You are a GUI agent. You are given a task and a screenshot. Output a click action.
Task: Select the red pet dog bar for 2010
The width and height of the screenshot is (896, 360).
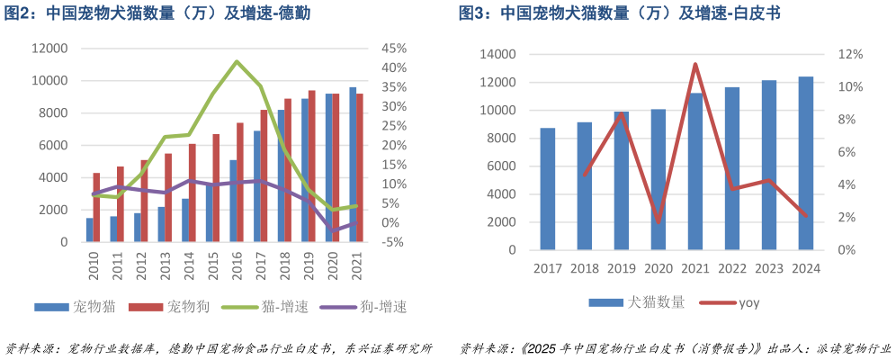(97, 207)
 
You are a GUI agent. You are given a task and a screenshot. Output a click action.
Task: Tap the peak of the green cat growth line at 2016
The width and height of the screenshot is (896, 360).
(237, 61)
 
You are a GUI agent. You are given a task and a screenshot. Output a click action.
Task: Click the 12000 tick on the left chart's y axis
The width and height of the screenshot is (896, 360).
(50, 49)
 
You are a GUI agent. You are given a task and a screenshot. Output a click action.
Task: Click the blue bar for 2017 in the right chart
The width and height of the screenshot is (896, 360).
(548, 189)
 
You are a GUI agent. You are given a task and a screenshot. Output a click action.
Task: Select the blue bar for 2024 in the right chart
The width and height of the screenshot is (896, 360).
(806, 163)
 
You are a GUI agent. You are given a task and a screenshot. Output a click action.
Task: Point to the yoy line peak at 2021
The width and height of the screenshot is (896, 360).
(695, 64)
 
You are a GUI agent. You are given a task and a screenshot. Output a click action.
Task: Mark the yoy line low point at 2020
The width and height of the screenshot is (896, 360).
(659, 221)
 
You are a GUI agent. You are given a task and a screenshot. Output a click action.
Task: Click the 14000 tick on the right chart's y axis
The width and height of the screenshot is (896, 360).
(497, 55)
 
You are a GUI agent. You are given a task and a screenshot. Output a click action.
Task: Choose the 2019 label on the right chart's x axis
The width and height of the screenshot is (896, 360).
(622, 268)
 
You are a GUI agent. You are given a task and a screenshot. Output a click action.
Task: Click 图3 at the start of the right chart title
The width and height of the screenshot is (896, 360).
(474, 13)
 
